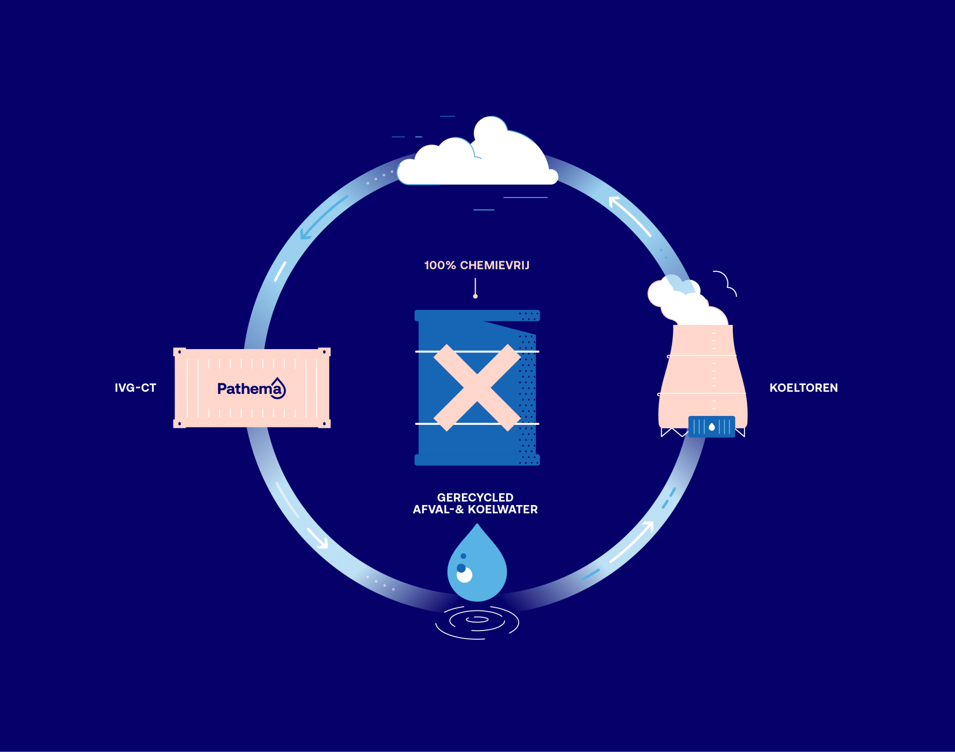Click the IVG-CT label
135,388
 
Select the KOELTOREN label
803,388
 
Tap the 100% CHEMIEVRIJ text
476,266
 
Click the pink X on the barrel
477,388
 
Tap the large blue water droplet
477,568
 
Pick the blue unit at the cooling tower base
711,427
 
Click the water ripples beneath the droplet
477,622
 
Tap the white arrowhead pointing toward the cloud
614,202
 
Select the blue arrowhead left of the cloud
305,235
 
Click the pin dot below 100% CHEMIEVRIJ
475,296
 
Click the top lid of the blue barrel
477,315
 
